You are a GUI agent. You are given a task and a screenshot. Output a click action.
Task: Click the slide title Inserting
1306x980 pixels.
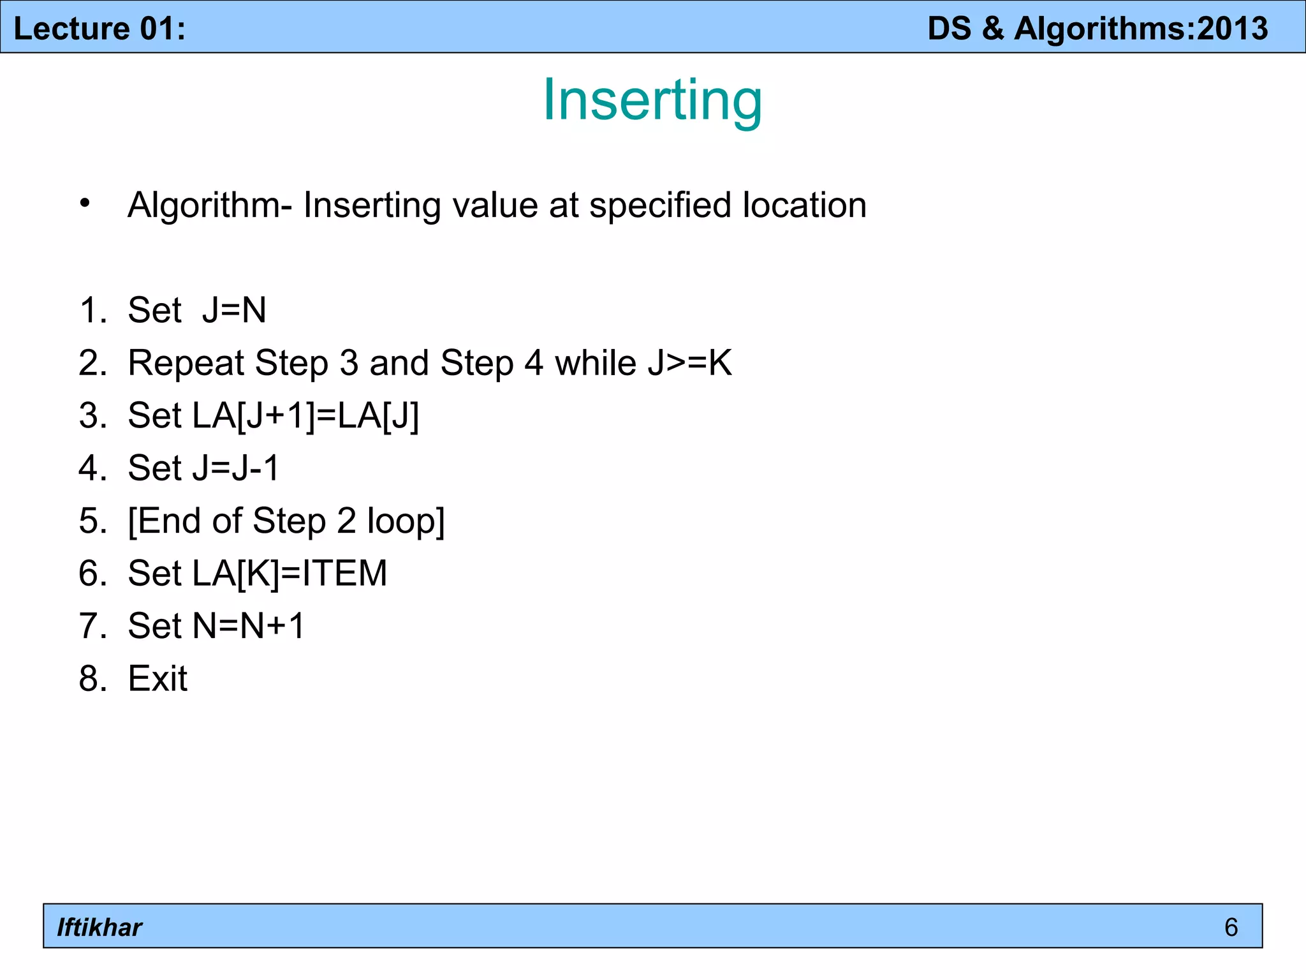pos(652,100)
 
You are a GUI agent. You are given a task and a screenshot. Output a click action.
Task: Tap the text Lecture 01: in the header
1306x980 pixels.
pos(99,29)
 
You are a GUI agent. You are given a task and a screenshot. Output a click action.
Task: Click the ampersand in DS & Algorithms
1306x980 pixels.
pos(993,29)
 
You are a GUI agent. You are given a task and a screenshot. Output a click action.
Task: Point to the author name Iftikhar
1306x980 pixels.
pos(99,927)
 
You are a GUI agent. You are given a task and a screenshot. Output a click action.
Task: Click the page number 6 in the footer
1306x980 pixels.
pos(1231,927)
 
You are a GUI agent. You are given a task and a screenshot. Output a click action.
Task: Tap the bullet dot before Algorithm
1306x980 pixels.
pos(85,204)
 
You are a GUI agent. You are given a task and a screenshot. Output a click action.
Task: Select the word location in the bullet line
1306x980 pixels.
pos(804,205)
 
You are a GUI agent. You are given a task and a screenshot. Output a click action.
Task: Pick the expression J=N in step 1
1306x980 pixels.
pos(234,310)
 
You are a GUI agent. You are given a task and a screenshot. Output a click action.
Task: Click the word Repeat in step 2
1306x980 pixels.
pos(186,364)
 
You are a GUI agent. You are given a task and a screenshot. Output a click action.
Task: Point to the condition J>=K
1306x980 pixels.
pos(689,362)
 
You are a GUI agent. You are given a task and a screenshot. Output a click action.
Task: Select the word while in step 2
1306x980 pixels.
pos(596,362)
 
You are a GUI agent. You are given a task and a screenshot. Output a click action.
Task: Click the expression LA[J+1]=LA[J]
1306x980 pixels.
pos(305,416)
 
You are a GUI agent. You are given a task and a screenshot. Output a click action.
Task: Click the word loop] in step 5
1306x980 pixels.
pos(406,521)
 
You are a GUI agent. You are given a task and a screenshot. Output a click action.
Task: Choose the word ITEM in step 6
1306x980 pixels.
pos(345,573)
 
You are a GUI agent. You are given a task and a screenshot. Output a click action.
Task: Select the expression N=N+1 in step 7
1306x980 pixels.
pos(249,625)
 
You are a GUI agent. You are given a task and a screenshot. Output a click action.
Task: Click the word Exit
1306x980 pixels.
pos(158,678)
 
